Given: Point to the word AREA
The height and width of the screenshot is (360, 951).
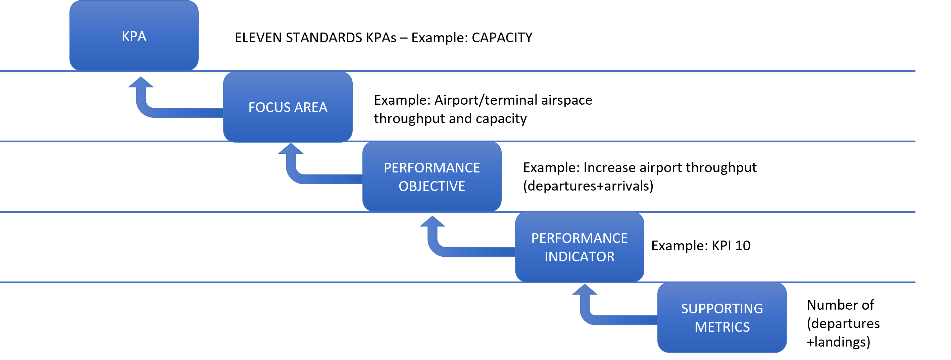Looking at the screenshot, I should (310, 107).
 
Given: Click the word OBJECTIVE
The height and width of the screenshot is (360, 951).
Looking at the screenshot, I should (432, 186).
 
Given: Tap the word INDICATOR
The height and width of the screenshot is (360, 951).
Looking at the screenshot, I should (579, 257).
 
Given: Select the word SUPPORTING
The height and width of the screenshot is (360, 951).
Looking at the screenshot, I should (722, 309).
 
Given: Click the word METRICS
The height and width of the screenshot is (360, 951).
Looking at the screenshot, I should (722, 327).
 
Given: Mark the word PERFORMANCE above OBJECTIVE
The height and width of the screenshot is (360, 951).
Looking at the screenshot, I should (432, 168).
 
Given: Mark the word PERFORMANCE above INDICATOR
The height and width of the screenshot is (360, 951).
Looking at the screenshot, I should (579, 239).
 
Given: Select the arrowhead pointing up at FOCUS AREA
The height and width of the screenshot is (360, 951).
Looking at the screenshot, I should (291, 149).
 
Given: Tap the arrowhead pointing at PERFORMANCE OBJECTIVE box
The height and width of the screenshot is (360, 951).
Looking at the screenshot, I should (432, 222).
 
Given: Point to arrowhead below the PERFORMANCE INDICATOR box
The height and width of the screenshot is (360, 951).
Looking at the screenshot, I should (585, 290).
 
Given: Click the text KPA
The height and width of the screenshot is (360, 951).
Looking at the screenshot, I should (134, 36).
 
